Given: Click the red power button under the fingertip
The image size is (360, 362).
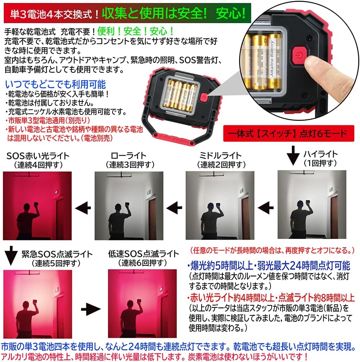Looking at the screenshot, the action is tap(299, 56).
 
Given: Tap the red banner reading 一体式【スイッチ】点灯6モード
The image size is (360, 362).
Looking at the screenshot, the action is tap(288, 133).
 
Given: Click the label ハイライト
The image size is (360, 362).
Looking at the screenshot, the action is tap(321, 154).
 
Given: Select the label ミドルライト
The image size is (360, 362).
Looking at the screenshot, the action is tap(221, 155).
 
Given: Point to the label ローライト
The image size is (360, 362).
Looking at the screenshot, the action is tap(128, 155).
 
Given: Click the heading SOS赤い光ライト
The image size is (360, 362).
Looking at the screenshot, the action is tap(38, 156).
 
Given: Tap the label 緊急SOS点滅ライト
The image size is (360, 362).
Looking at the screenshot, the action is tap(57, 254).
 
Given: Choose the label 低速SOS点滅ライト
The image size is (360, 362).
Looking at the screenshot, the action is tap(144, 254).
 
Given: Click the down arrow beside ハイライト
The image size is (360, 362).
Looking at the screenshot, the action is tap(293, 155).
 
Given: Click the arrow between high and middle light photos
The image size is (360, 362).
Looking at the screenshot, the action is tap(266, 208).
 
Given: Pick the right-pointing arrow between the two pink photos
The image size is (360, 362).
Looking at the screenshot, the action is tap(91, 309).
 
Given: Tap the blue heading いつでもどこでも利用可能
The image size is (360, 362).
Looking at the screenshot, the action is tap(55, 84).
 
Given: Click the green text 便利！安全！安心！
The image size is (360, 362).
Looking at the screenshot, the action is tap(135, 31).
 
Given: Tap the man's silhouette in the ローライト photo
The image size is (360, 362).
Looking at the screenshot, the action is tap(119, 221).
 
